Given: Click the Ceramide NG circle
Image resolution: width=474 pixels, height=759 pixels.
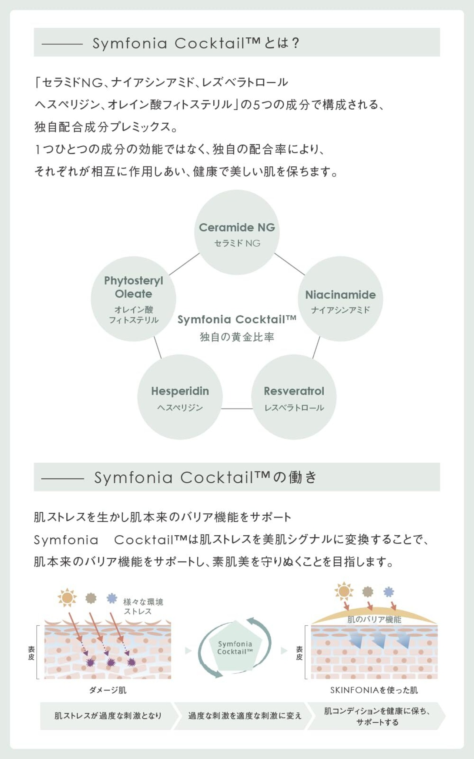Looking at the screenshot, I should click(x=237, y=233).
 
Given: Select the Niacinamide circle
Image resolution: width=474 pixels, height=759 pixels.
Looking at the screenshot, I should click(x=340, y=299).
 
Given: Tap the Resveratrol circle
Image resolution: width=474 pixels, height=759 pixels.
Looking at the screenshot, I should click(x=294, y=397).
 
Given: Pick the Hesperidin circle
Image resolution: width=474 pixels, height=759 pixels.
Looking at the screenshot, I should click(x=180, y=397).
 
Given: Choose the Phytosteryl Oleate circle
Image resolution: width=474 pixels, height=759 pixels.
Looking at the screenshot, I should click(x=133, y=299).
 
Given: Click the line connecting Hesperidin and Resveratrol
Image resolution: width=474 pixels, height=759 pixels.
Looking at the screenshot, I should click(x=237, y=409).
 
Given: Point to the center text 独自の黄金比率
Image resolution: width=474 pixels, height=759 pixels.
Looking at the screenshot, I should click(x=237, y=337).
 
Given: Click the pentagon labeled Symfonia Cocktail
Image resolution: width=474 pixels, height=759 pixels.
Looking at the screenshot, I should click(x=235, y=648).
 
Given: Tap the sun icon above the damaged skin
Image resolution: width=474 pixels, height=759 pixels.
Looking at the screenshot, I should click(x=67, y=597).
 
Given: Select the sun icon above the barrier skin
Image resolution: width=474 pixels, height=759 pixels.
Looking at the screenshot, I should click(x=344, y=591).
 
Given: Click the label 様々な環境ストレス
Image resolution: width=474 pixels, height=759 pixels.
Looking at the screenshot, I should click(x=143, y=606).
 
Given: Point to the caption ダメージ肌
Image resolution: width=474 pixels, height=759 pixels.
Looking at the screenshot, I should click(x=108, y=690).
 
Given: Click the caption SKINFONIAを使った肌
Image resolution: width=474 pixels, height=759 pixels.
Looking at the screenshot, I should click(x=374, y=690).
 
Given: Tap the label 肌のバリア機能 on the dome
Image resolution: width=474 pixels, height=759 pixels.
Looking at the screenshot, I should click(x=374, y=619).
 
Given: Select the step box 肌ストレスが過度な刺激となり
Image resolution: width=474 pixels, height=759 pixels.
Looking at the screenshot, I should click(x=107, y=716).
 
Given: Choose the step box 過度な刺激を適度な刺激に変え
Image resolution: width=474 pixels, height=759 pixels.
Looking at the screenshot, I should click(x=244, y=716).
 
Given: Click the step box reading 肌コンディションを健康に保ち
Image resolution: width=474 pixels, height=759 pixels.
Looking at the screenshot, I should click(x=377, y=716).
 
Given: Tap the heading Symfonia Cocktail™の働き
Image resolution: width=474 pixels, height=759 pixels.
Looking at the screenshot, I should click(x=206, y=477).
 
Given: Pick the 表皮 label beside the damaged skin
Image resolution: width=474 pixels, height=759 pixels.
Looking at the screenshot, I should click(x=31, y=653).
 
